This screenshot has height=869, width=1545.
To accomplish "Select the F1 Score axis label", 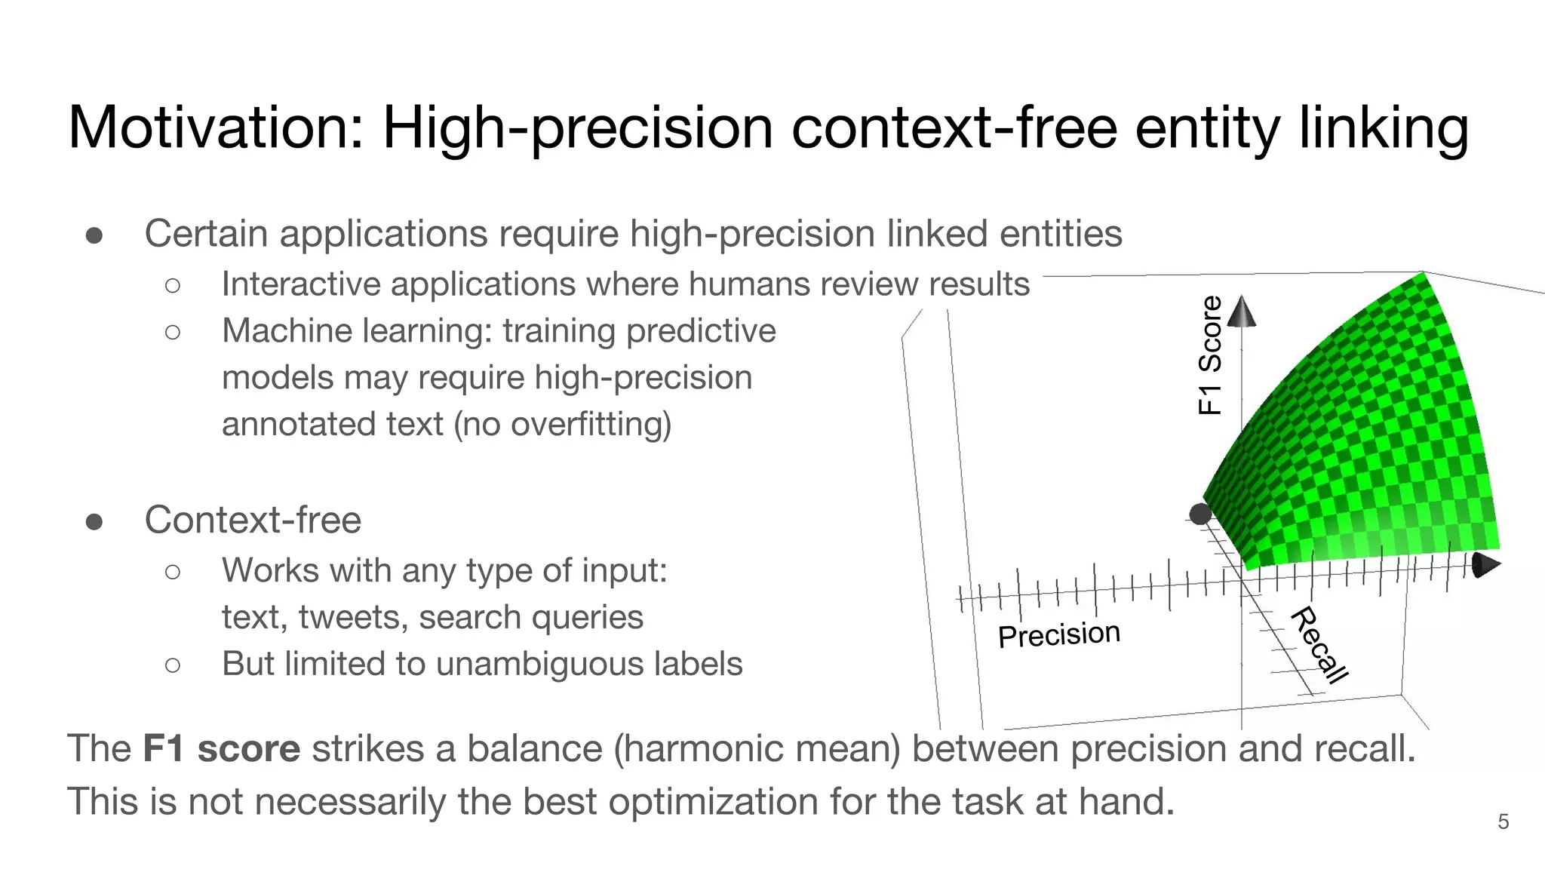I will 1210,355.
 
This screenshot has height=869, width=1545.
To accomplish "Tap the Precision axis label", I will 1058,634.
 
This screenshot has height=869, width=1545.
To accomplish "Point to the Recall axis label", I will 1319,645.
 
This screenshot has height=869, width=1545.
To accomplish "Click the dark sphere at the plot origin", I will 1200,514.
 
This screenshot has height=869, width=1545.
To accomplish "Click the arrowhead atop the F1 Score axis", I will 1242,312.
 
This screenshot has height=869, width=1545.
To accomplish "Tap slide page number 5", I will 1503,821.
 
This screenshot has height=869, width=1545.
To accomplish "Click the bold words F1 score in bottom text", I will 221,749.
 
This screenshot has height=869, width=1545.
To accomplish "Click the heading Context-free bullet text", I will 253,520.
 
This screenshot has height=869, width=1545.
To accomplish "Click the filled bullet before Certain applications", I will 94,235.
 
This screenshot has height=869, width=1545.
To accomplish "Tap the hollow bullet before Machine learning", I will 173,332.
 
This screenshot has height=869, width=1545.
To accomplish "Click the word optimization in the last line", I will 713,801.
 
